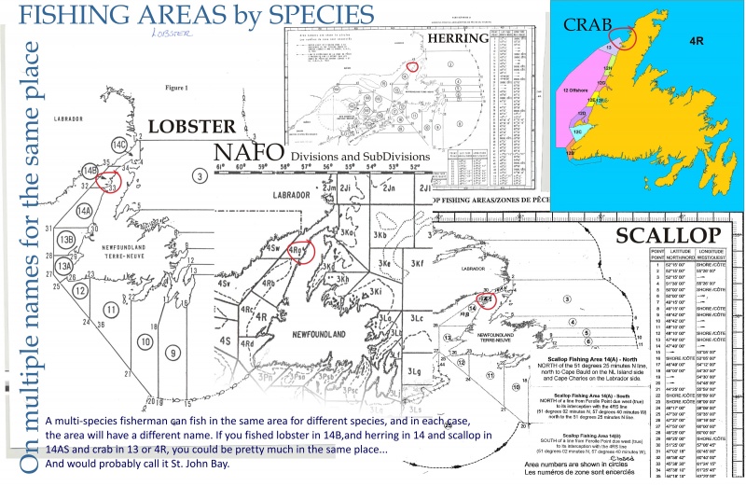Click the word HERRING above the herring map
[458, 38]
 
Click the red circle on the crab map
[626, 38]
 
